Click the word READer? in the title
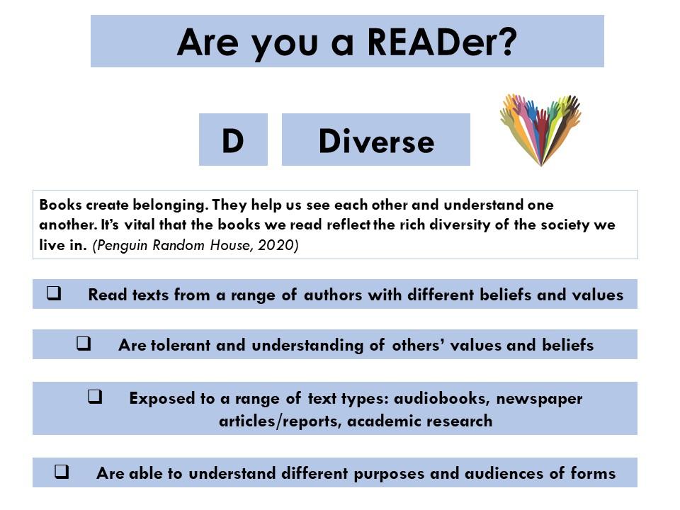(442, 42)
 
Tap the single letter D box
(233, 140)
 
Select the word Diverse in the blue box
(376, 142)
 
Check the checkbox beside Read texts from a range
(54, 293)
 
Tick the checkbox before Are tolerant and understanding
(84, 344)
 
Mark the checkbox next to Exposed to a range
(95, 397)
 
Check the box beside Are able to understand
(62, 471)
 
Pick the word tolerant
(181, 345)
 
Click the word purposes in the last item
(389, 474)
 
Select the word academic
(383, 421)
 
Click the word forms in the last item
(593, 472)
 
